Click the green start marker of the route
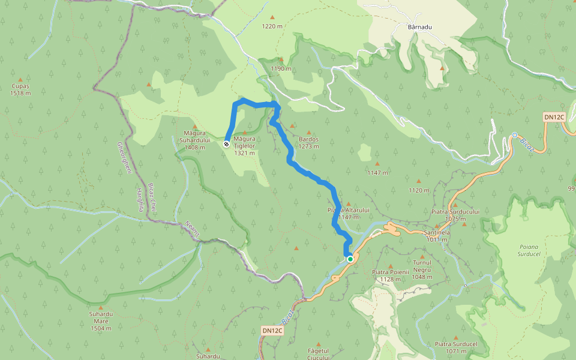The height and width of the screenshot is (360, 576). (350, 259)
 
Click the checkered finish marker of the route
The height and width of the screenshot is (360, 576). (226, 144)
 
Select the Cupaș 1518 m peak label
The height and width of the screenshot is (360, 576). (20, 89)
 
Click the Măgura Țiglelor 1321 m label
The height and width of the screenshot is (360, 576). (245, 145)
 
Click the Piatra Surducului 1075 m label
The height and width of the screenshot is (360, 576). (455, 215)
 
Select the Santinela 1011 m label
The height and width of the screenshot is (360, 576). (437, 236)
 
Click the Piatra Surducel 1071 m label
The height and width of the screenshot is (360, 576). (456, 347)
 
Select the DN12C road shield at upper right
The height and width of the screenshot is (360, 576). (554, 117)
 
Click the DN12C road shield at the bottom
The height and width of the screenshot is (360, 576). (272, 331)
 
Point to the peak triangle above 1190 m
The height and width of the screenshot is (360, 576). (281, 59)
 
